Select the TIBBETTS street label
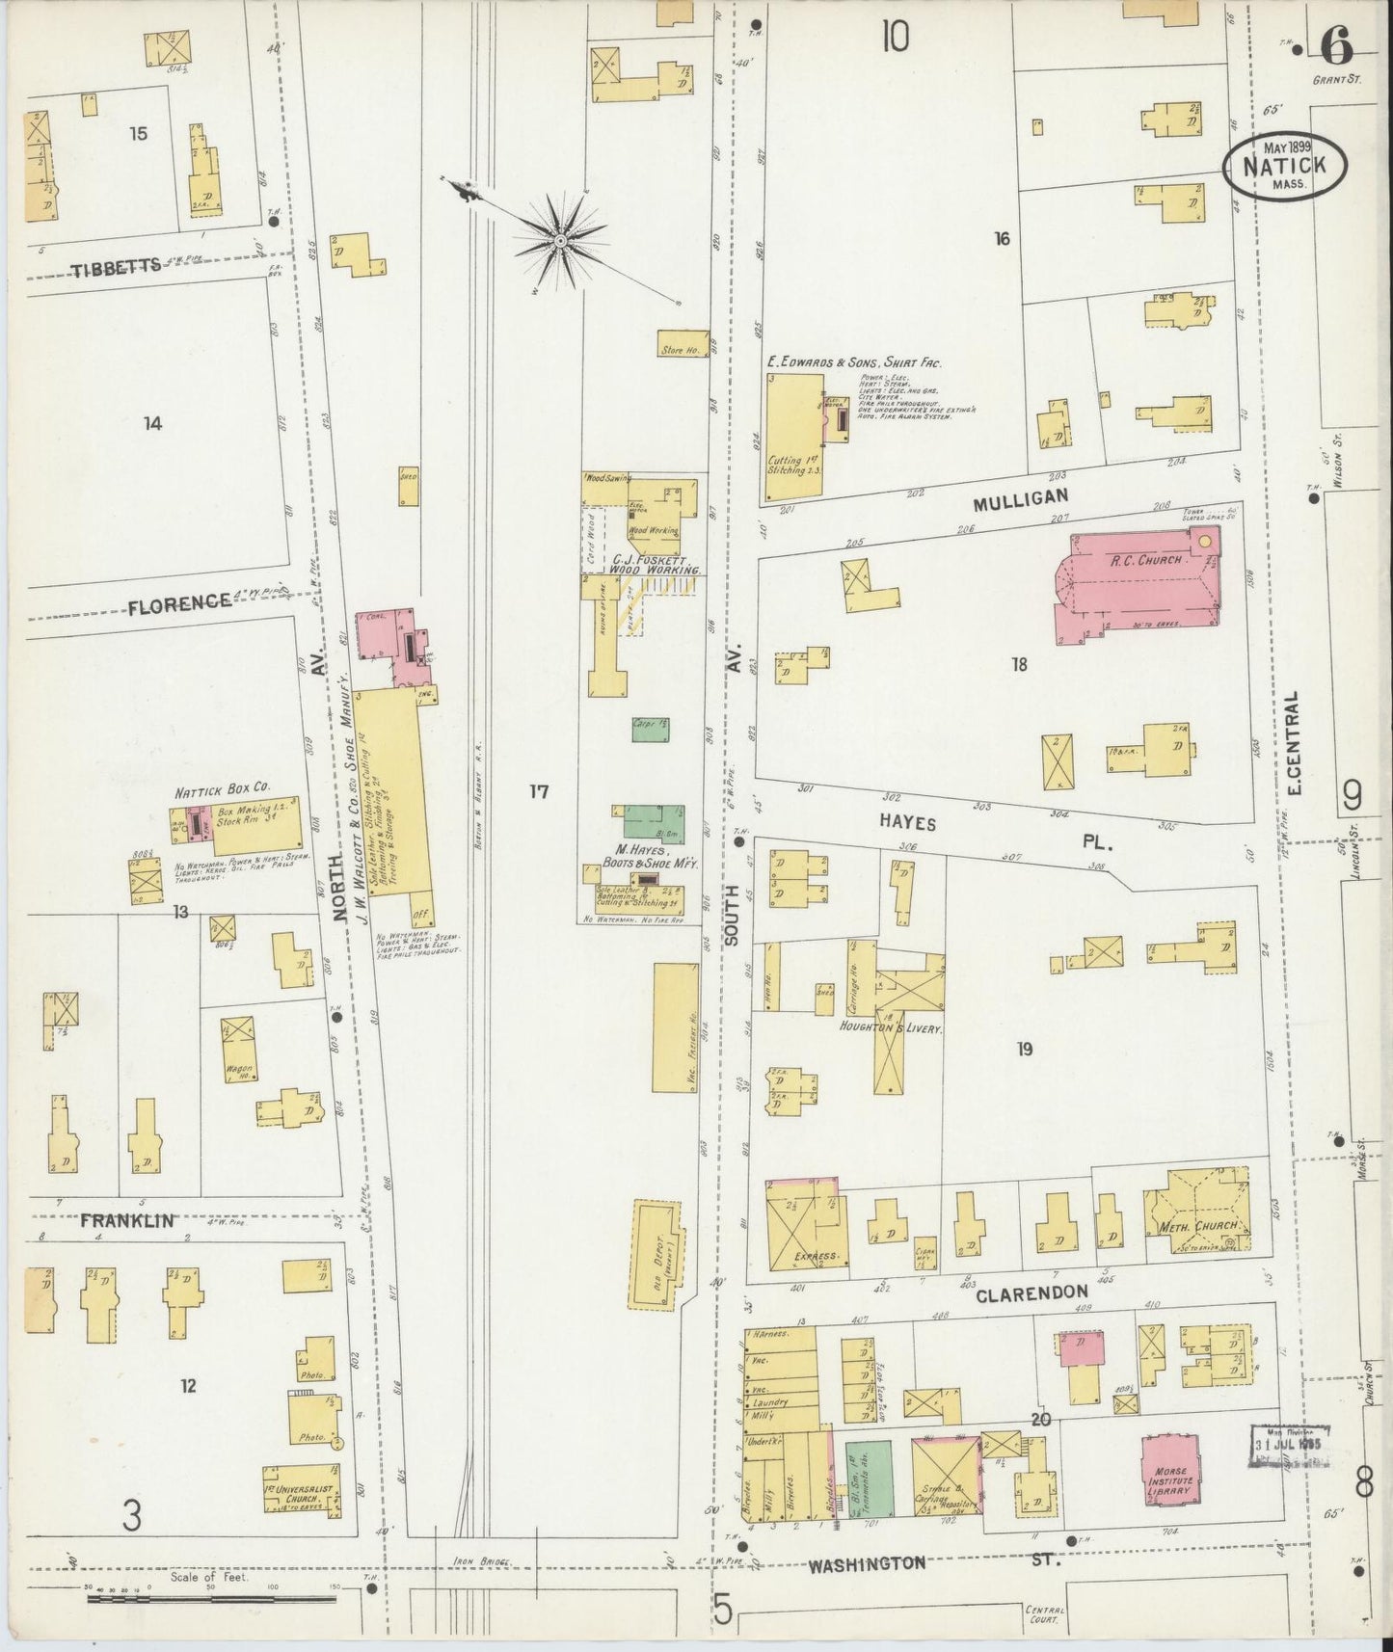(116, 269)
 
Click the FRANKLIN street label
(126, 1221)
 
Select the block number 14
(152, 422)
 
